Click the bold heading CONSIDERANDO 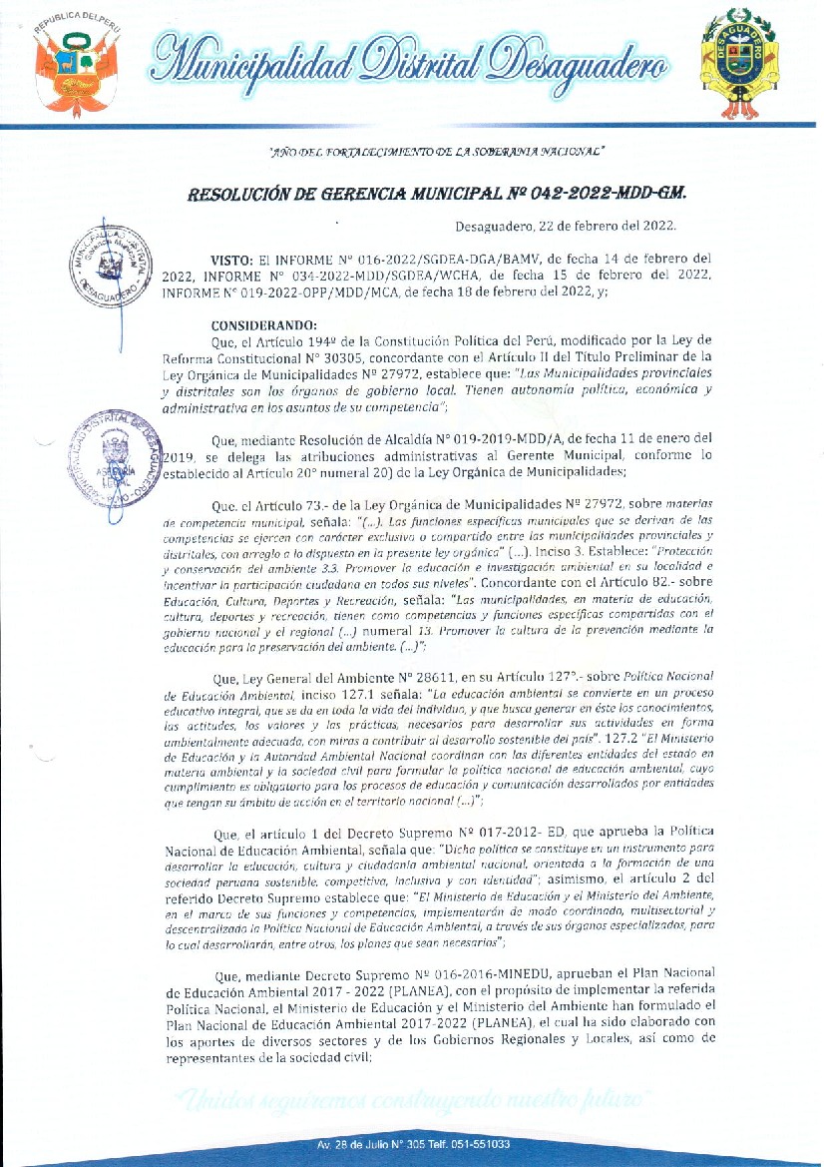point(263,323)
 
